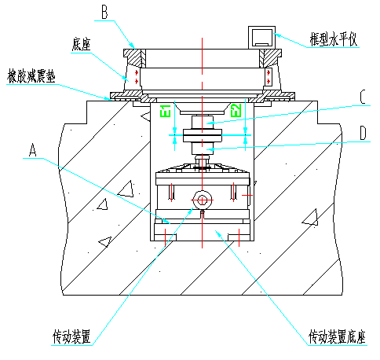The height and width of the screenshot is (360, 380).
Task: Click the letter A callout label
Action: (32, 149)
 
